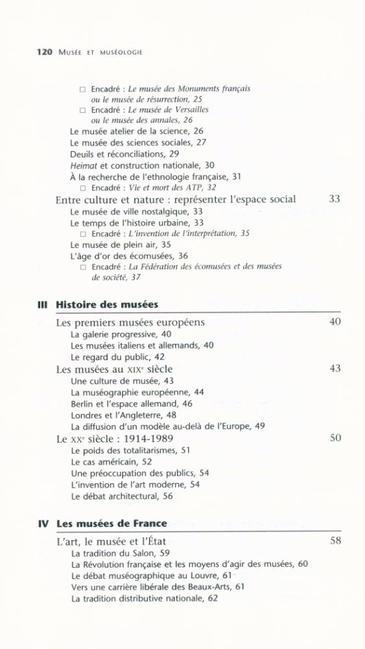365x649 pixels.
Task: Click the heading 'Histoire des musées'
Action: (107, 304)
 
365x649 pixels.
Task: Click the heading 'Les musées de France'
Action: (112, 524)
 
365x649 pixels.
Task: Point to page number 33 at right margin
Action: (335, 199)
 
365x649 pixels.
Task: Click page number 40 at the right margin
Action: (335, 322)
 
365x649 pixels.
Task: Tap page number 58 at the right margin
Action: (335, 541)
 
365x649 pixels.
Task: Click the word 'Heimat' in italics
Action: (84, 165)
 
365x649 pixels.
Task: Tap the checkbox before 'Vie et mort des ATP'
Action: (83, 188)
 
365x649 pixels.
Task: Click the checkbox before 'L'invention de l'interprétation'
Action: (83, 234)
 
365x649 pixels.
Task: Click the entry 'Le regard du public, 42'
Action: (117, 357)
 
